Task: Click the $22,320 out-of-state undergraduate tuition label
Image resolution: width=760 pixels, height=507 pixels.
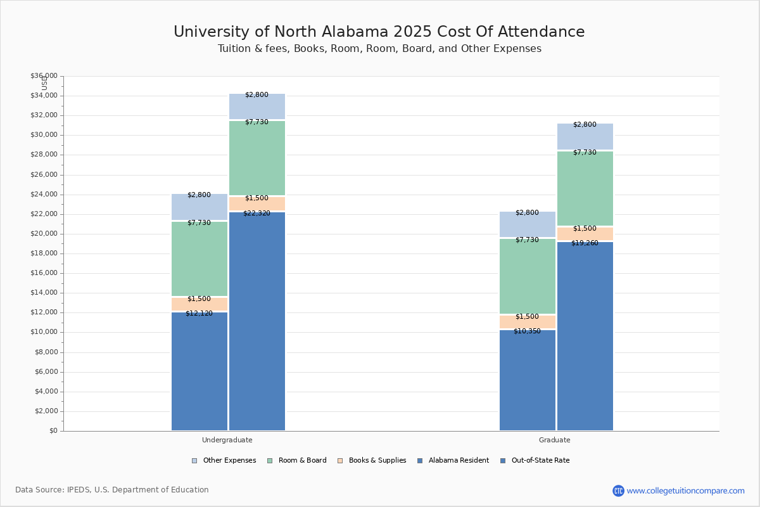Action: click(x=256, y=214)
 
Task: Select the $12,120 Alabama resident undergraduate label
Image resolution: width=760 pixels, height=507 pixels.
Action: click(x=199, y=313)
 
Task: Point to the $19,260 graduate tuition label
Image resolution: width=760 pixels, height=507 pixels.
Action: click(x=585, y=243)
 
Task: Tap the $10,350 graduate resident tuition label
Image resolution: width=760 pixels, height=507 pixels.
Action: click(x=527, y=331)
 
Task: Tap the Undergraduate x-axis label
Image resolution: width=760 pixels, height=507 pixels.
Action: click(x=227, y=440)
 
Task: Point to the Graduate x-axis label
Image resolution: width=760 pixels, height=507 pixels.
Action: click(x=555, y=440)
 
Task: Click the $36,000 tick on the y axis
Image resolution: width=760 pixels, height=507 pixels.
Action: click(x=44, y=76)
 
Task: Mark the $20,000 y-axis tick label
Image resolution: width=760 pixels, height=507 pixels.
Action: click(x=44, y=234)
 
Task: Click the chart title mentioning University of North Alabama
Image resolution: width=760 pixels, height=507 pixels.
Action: click(x=379, y=32)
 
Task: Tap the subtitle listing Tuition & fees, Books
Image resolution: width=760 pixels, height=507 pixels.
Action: click(x=379, y=49)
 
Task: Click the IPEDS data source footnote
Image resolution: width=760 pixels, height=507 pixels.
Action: click(x=112, y=490)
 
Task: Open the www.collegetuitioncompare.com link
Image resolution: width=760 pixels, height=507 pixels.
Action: click(x=685, y=491)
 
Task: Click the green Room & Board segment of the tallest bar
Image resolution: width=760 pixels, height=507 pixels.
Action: click(x=257, y=158)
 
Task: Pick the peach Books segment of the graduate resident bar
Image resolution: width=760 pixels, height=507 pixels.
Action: click(x=528, y=323)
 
